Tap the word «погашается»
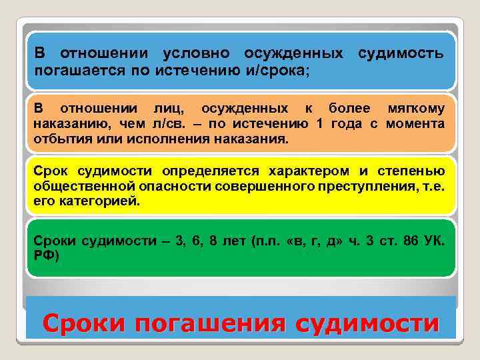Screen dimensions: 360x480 tap(73, 70)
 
